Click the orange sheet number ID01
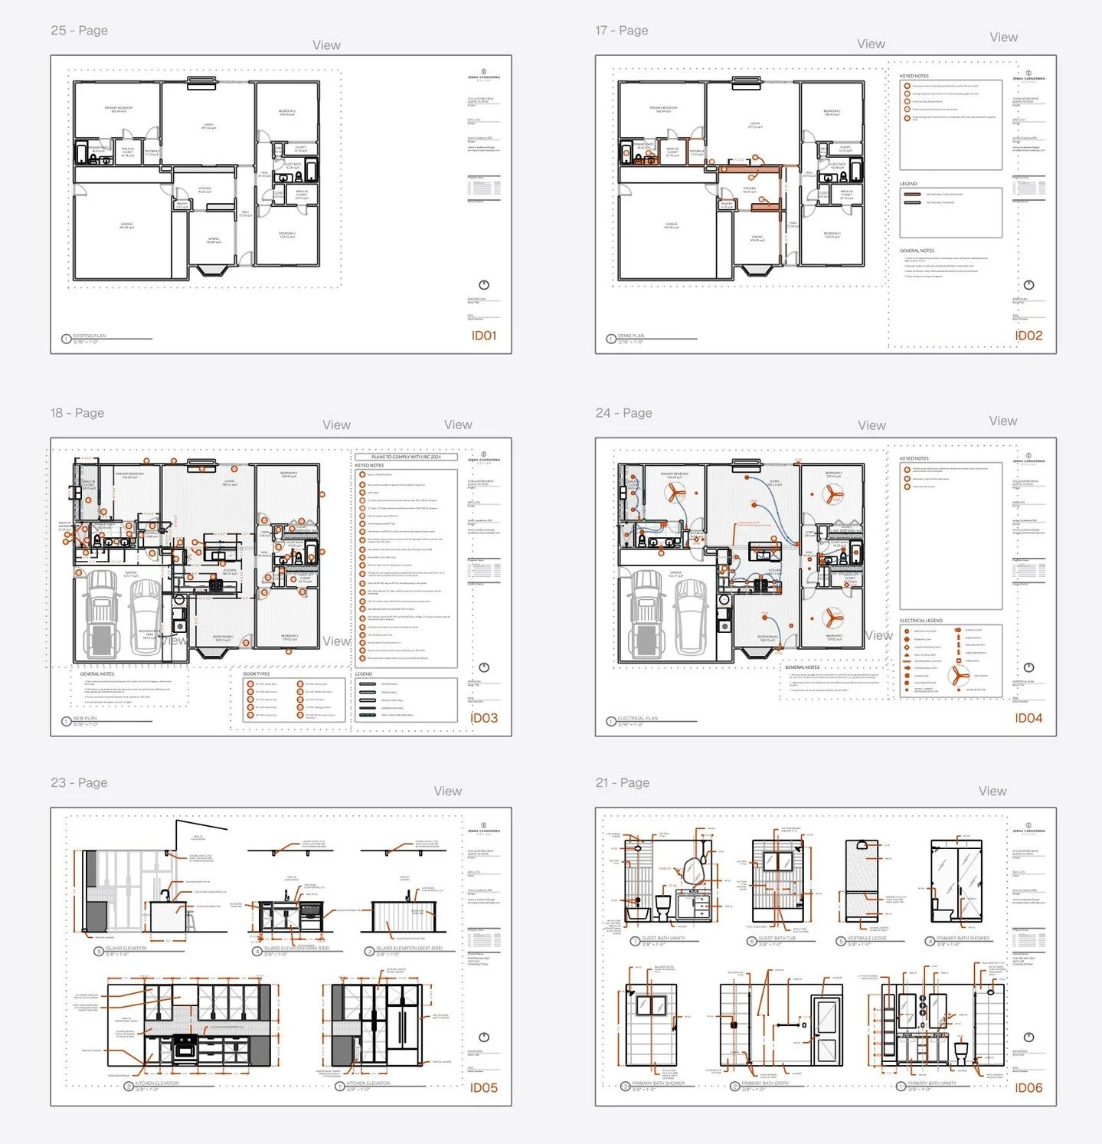[483, 336]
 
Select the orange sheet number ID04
[1028, 718]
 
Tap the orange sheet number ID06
[1028, 1087]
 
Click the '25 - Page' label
[79, 31]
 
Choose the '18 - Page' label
[77, 413]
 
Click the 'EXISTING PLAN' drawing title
[90, 336]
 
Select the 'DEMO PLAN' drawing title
[631, 336]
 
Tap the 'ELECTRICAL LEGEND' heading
[921, 621]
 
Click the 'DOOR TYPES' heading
[257, 674]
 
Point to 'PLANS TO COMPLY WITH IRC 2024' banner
[406, 457]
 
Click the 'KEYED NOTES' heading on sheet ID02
[914, 76]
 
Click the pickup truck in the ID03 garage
[102, 613]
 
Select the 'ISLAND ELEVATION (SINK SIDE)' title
[296, 948]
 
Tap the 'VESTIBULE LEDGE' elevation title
[867, 938]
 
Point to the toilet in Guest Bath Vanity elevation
[663, 906]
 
